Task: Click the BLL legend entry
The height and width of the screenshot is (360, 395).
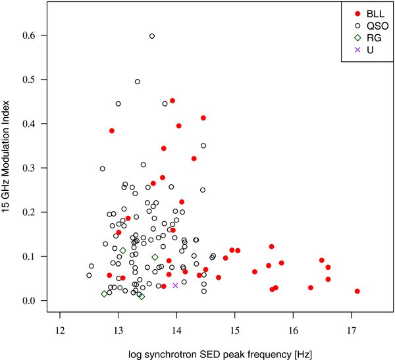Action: click(x=365, y=13)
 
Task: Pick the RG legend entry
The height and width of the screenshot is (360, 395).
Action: click(x=364, y=38)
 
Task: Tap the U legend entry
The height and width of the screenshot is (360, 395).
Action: click(x=361, y=49)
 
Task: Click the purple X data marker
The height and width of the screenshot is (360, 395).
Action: click(x=175, y=285)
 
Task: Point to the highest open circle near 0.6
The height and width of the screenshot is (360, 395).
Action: click(x=152, y=36)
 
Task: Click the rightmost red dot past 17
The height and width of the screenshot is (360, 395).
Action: click(x=357, y=291)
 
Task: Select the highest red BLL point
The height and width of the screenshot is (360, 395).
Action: click(x=172, y=101)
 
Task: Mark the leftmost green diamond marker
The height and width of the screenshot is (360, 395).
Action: click(x=104, y=294)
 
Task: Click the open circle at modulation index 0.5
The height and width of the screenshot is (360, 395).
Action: click(x=138, y=82)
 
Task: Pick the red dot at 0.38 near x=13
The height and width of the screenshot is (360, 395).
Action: click(x=112, y=131)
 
